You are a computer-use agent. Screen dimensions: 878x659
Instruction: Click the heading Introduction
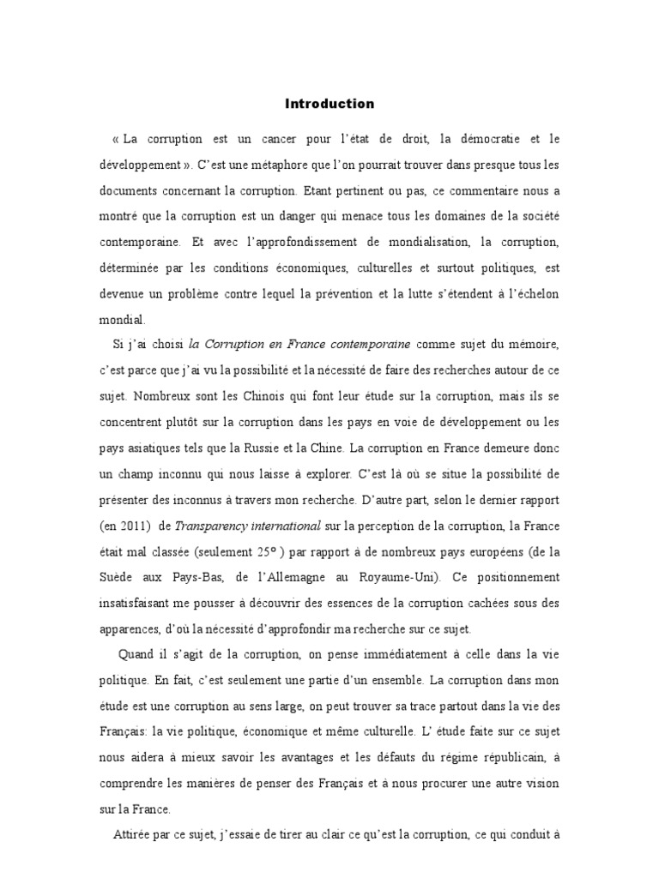point(329,104)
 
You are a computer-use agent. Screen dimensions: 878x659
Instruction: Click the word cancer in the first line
point(292,138)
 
